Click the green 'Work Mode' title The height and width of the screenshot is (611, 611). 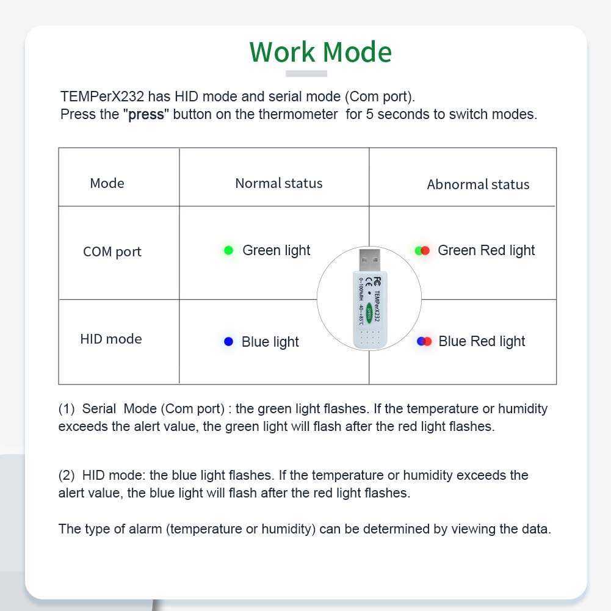[x=320, y=52]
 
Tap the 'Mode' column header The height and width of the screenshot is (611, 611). [x=107, y=183]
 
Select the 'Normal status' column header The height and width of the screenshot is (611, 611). [x=279, y=183]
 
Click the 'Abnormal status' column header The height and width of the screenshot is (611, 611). [x=478, y=184]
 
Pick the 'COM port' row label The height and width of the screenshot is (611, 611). [x=112, y=251]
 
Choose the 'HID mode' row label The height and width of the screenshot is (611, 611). [x=111, y=339]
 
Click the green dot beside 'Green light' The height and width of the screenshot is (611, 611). [x=229, y=250]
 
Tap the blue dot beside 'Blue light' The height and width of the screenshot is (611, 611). [x=229, y=342]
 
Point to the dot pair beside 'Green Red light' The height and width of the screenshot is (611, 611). [x=422, y=250]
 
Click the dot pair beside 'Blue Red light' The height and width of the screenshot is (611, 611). [x=424, y=341]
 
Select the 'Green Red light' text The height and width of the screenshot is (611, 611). [x=486, y=250]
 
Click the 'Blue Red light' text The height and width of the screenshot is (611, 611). [x=482, y=341]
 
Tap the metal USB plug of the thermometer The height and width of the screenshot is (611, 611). [x=369, y=260]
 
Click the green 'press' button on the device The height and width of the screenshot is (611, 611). [x=369, y=313]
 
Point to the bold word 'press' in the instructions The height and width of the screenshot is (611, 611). [x=146, y=115]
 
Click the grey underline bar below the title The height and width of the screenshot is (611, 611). [x=306, y=74]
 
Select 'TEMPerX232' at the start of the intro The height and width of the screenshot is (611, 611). [x=102, y=96]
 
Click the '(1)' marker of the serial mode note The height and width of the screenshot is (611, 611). [x=67, y=409]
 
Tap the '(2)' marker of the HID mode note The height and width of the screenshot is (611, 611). [x=67, y=475]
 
